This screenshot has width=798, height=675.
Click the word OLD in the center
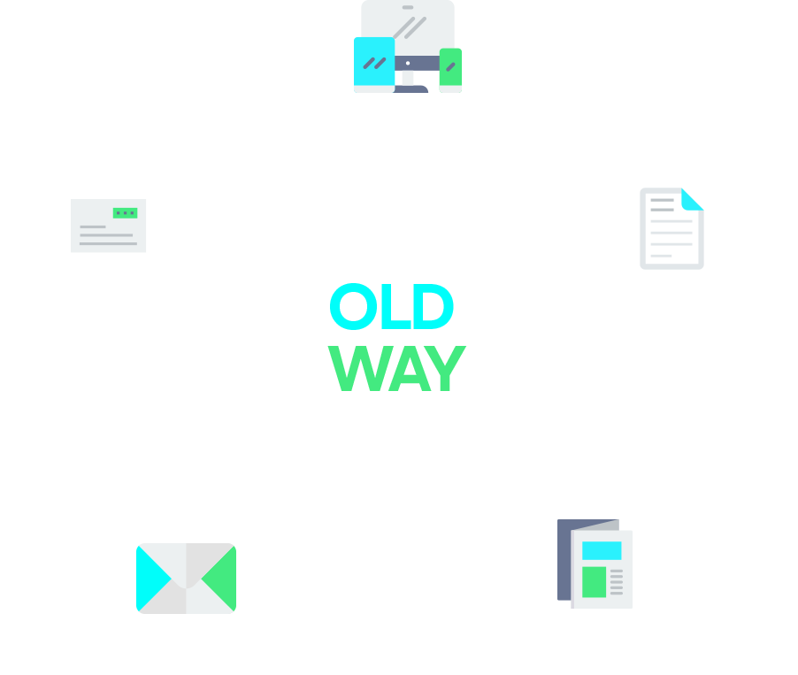391,307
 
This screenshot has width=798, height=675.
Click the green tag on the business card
126,213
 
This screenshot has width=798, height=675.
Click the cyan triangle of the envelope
151,578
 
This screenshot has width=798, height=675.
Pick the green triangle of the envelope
221,578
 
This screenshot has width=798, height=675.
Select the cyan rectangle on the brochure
602,550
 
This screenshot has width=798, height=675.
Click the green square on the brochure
594,581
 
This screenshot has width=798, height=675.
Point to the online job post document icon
671,228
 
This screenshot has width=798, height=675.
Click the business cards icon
113,230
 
